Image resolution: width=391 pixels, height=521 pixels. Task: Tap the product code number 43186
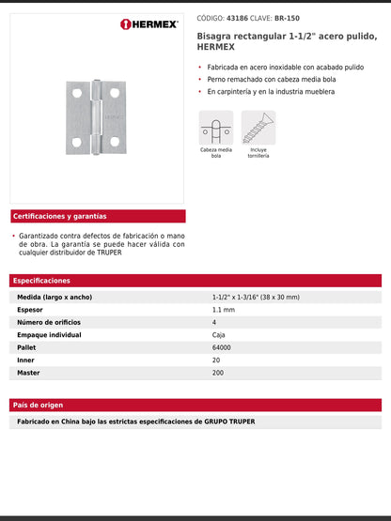pyautogui.click(x=236, y=18)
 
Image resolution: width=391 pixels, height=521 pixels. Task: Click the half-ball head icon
pyautogui.click(x=215, y=128)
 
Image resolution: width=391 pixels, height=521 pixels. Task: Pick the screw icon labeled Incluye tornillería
pyautogui.click(x=258, y=128)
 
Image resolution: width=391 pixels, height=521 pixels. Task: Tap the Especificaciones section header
pyautogui.click(x=41, y=280)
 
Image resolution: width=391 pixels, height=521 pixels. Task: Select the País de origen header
pyautogui.click(x=39, y=405)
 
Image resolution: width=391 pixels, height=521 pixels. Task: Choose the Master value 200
pyautogui.click(x=218, y=373)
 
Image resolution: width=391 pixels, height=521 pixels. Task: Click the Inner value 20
pyautogui.click(x=216, y=360)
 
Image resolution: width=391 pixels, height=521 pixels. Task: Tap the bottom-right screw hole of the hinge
pyautogui.click(x=115, y=142)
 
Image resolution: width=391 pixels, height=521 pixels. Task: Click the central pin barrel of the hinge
pyautogui.click(x=97, y=116)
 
